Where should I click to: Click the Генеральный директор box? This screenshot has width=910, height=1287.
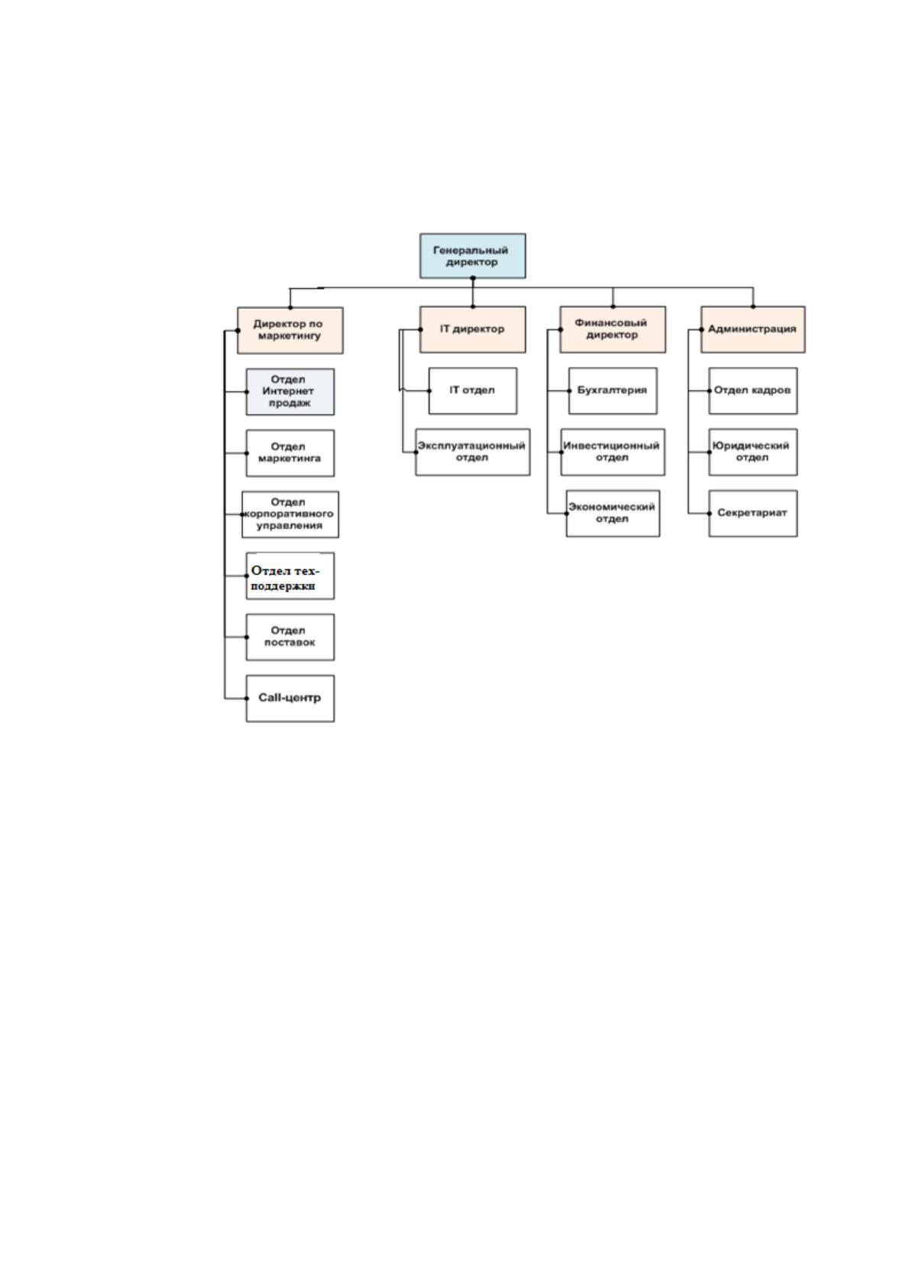coord(472,256)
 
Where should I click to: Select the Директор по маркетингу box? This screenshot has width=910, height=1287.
coord(290,330)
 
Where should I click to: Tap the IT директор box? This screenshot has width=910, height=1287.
coord(472,329)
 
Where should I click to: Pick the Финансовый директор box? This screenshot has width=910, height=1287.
coord(613,329)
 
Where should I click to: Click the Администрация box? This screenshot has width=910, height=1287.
coord(753,329)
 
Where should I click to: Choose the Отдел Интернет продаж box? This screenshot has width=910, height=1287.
coord(290,391)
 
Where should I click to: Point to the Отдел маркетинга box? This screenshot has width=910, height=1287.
coord(290,452)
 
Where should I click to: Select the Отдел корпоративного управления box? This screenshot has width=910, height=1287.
coord(290,514)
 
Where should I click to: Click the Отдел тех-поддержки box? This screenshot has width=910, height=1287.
coord(290,575)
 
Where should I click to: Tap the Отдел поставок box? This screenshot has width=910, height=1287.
coord(290,637)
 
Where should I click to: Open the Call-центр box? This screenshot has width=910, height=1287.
coord(290,698)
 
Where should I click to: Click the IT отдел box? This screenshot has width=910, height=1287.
coord(472,391)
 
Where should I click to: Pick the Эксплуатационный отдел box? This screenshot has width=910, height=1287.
coord(472,452)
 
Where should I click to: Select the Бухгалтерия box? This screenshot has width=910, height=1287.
coord(613,391)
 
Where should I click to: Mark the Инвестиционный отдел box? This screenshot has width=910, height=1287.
coord(613,452)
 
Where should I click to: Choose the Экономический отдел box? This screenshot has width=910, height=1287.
coord(613,513)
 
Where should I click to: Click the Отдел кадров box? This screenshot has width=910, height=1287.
coord(753,391)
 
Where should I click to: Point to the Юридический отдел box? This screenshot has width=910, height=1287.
coord(753,452)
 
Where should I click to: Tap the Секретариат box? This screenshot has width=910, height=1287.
coord(753,513)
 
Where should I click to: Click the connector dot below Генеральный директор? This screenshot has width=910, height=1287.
coord(473,278)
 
